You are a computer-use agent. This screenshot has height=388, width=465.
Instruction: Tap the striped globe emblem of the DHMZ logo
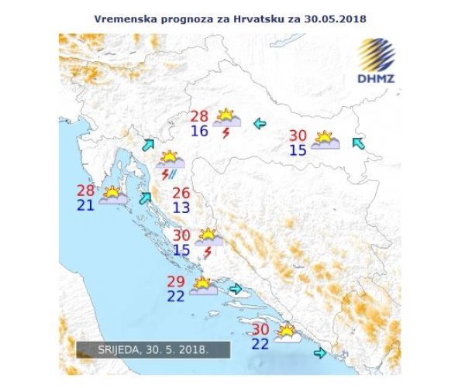[x=377, y=55]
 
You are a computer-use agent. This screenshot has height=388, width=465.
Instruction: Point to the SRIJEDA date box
[x=153, y=349]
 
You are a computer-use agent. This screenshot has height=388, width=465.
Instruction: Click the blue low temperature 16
[x=200, y=131]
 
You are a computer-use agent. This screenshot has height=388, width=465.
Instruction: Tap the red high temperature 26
[x=181, y=193]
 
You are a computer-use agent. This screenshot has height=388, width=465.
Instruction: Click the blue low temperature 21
[x=86, y=204]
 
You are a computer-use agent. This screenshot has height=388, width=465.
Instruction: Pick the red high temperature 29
[x=177, y=280]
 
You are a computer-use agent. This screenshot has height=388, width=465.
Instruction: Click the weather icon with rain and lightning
[x=170, y=165]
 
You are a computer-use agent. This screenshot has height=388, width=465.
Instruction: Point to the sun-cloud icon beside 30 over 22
[x=286, y=334]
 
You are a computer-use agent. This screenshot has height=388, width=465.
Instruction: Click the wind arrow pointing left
[x=260, y=122]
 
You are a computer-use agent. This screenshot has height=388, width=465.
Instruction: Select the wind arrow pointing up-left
[x=357, y=142]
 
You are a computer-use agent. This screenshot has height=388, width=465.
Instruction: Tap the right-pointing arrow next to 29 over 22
[x=236, y=290]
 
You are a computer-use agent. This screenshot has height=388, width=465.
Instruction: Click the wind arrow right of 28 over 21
[x=144, y=197]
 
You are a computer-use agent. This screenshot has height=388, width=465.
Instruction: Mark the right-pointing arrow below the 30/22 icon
[x=319, y=353]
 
